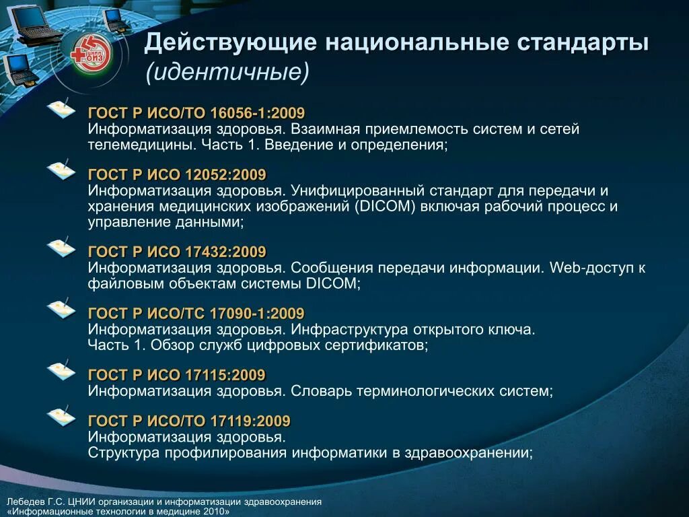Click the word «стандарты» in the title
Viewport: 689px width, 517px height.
click(583, 43)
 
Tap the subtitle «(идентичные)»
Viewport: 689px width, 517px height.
click(227, 71)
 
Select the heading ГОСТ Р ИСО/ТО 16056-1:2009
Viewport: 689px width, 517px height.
click(196, 112)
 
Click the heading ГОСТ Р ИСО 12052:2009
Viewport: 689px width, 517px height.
click(177, 174)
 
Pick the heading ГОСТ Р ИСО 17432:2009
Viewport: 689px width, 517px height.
click(177, 252)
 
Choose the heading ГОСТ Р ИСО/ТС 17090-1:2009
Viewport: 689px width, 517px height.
click(196, 313)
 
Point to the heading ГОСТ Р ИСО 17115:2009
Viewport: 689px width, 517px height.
click(177, 375)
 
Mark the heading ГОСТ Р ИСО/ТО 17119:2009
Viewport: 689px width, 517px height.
click(189, 421)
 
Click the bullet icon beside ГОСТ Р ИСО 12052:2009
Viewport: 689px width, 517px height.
click(61, 171)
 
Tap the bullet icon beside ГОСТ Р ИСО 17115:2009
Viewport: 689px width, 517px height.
click(61, 371)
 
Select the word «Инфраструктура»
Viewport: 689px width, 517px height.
click(351, 330)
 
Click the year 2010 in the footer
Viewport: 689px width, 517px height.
click(214, 512)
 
